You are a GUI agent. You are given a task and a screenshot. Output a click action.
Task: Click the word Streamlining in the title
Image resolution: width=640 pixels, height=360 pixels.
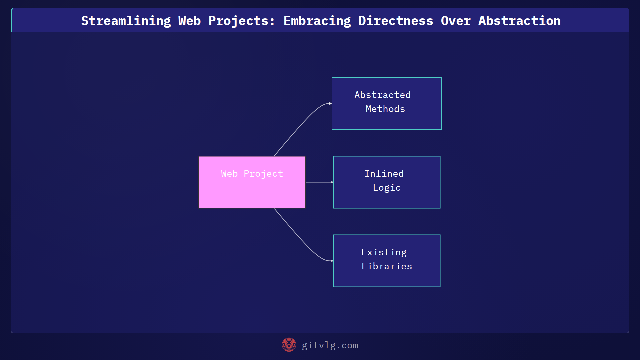pyautogui.click(x=126, y=21)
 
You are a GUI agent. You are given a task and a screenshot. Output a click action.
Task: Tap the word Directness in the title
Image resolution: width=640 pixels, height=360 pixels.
pyautogui.click(x=396, y=21)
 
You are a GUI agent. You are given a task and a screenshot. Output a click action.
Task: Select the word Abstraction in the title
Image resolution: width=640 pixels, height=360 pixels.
pyautogui.click(x=519, y=21)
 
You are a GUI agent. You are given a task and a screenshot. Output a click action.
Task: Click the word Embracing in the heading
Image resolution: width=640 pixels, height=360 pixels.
pyautogui.click(x=317, y=21)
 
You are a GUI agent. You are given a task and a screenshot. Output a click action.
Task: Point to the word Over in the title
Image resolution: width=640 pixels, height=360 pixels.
pyautogui.click(x=456, y=21)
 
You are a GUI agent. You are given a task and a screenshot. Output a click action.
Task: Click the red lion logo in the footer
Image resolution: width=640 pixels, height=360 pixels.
pyautogui.click(x=289, y=345)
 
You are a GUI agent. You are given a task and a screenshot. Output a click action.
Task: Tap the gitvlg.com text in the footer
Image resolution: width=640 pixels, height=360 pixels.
pyautogui.click(x=330, y=345)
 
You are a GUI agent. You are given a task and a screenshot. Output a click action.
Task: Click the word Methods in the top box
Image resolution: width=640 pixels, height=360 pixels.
pyautogui.click(x=385, y=109)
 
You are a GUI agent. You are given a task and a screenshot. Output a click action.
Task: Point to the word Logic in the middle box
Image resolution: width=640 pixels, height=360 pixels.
pyautogui.click(x=387, y=188)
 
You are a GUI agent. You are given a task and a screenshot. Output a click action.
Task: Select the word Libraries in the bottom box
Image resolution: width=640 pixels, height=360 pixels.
pyautogui.click(x=387, y=266)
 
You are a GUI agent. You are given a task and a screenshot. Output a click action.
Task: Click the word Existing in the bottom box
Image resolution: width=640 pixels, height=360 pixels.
pyautogui.click(x=384, y=252)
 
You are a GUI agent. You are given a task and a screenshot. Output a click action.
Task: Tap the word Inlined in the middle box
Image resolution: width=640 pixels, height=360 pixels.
pyautogui.click(x=384, y=174)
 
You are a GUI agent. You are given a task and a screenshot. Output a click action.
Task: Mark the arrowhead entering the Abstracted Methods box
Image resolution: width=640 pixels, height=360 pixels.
pyautogui.click(x=330, y=104)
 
